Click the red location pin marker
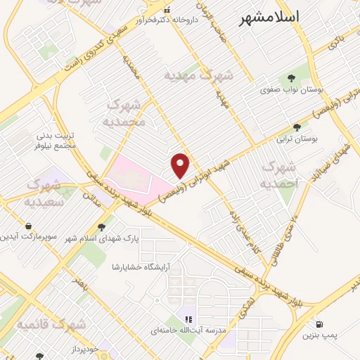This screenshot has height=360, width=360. tap(181, 165)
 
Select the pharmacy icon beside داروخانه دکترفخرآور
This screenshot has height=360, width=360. tap(167, 11)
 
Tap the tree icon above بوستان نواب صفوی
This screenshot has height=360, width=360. tap(290, 79)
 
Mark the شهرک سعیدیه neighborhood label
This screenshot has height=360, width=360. tap(50, 192)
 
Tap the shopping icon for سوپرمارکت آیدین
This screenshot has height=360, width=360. tap(27, 226)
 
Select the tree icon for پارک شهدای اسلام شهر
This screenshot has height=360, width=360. tap(103, 226)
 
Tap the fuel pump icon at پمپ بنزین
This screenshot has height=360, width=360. tap(320, 325)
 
